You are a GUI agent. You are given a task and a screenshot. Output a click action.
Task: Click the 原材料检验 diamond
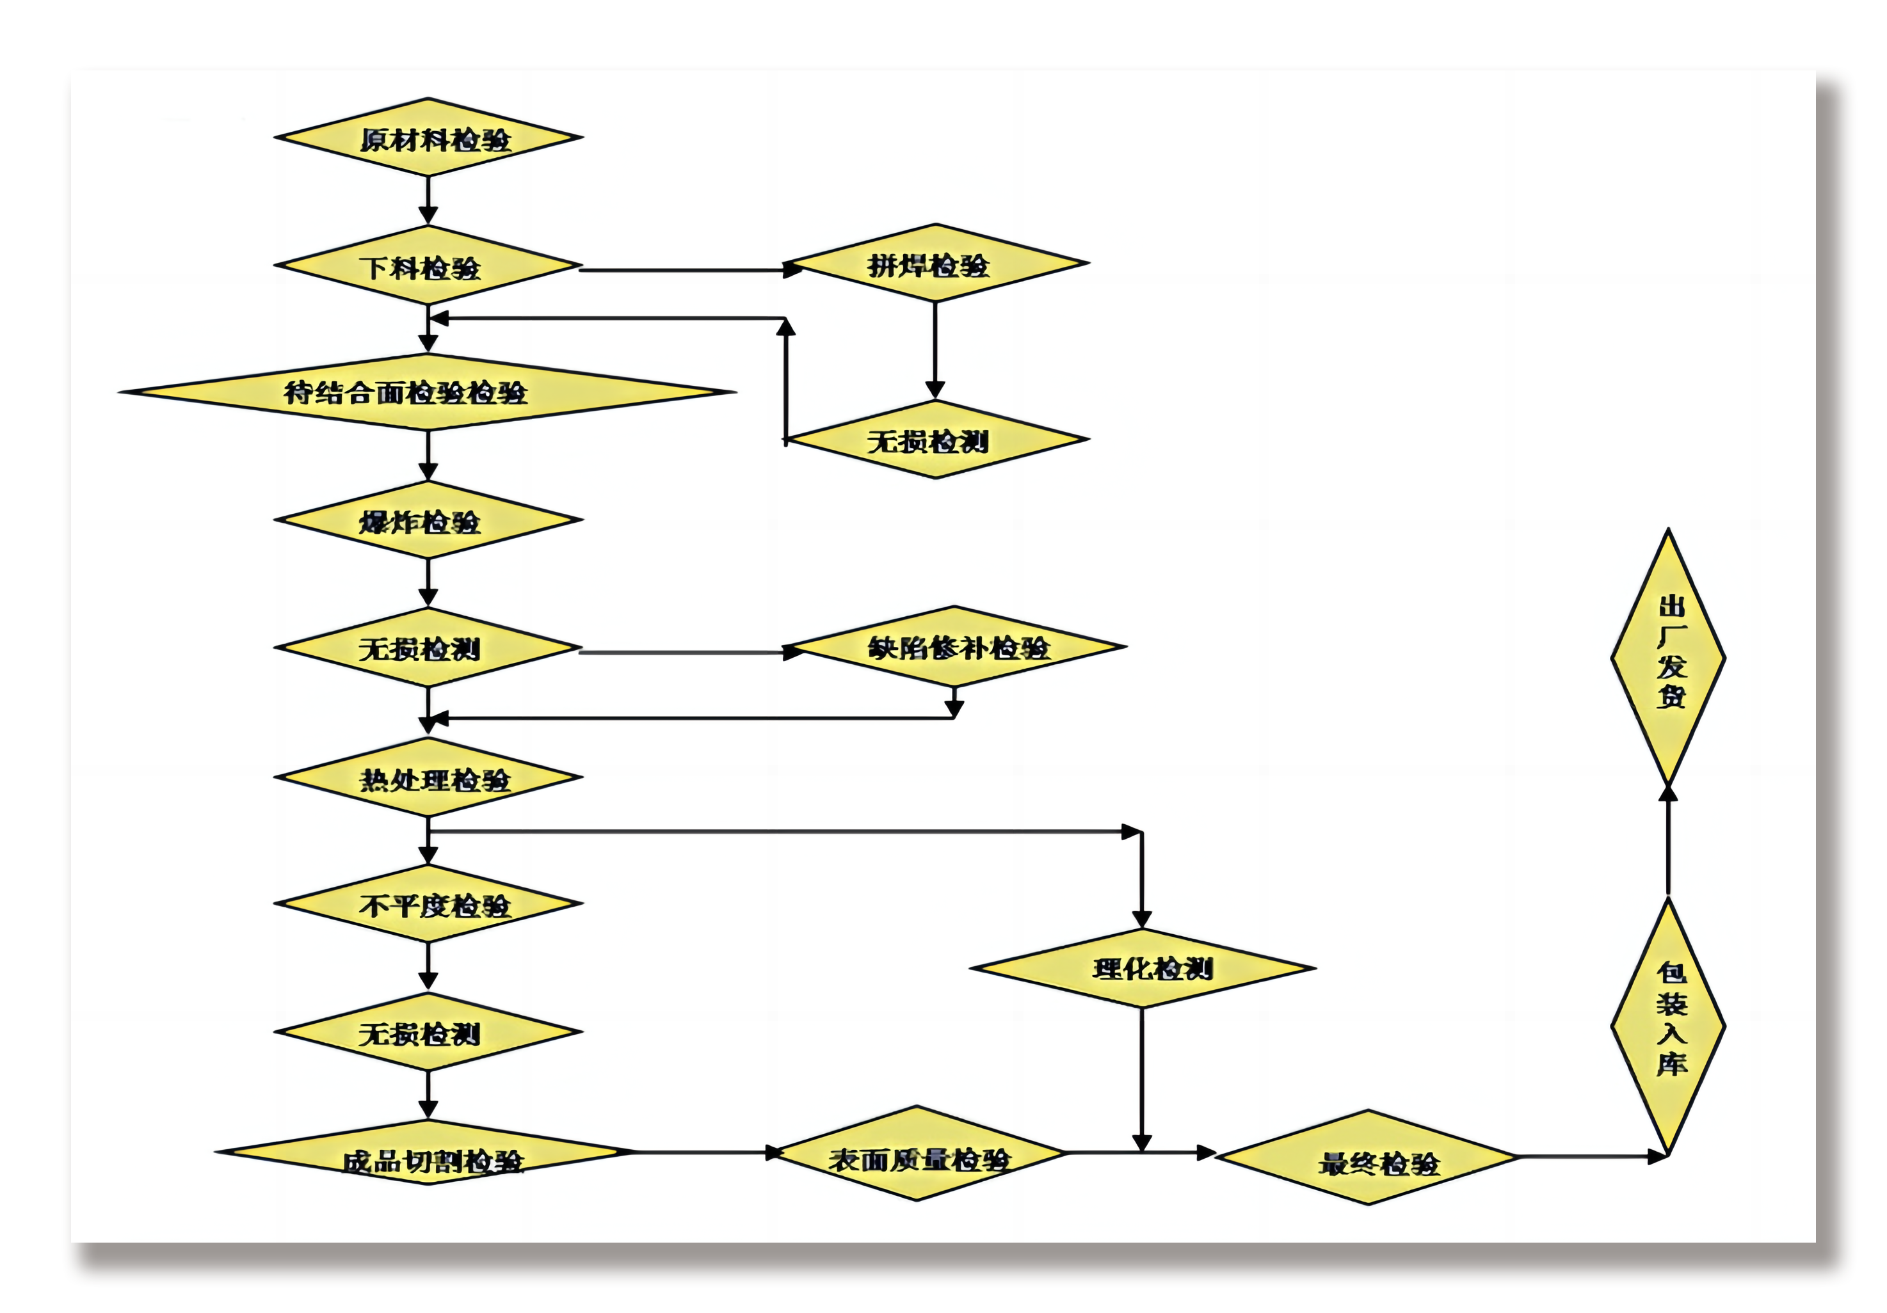pyautogui.click(x=428, y=137)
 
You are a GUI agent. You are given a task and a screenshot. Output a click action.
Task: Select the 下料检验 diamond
pyautogui.click(x=428, y=266)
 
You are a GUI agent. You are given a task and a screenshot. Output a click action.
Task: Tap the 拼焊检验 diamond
pyautogui.click(x=935, y=263)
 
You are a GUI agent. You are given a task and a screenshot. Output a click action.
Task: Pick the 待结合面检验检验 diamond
pyautogui.click(x=428, y=392)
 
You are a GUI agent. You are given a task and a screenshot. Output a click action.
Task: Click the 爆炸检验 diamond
pyautogui.click(x=428, y=520)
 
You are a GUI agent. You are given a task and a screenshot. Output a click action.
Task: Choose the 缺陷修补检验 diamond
pyautogui.click(x=955, y=647)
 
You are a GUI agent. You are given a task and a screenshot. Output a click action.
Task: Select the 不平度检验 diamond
pyautogui.click(x=428, y=904)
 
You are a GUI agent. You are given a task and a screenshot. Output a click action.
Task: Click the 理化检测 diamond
pyautogui.click(x=1143, y=968)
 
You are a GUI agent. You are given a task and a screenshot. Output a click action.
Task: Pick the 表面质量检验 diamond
pyautogui.click(x=917, y=1153)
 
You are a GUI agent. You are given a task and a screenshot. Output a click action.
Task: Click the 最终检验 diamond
pyautogui.click(x=1369, y=1157)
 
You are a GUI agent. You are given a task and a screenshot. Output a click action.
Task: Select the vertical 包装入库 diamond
pyautogui.click(x=1667, y=1026)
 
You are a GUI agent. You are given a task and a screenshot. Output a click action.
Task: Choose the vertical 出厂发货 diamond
pyautogui.click(x=1667, y=657)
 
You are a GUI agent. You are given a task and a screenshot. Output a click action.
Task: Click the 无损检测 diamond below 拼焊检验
pyautogui.click(x=935, y=440)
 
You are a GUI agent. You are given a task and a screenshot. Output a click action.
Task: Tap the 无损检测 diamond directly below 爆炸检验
pyautogui.click(x=428, y=648)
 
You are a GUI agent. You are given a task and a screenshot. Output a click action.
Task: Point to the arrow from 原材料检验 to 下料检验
pyautogui.click(x=428, y=200)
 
